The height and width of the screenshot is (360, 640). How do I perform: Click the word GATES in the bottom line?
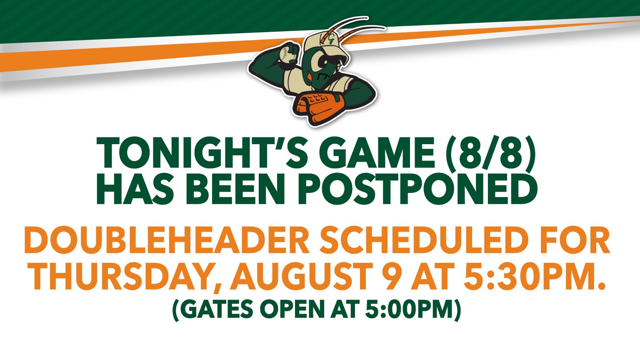click(x=217, y=309)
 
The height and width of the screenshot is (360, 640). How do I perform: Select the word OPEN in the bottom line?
click(x=296, y=309)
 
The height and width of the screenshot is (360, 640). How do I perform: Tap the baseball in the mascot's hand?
click(x=286, y=55)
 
